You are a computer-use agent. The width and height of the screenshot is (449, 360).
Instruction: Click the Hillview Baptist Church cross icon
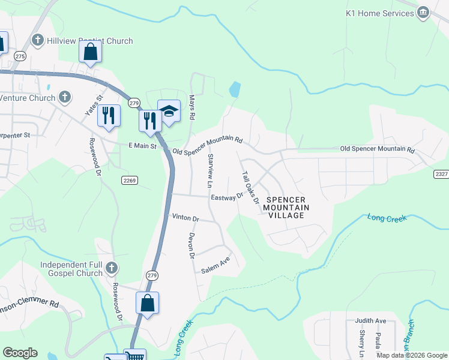[x=38, y=41]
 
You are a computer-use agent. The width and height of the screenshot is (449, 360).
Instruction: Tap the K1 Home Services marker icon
[x=424, y=13]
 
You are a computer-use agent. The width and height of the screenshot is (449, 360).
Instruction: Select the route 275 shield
[x=20, y=56]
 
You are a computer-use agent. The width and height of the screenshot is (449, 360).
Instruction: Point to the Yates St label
[x=94, y=104]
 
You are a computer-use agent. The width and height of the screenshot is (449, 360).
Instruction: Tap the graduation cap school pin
[x=169, y=111]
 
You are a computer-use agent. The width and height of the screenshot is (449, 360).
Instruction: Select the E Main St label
[x=142, y=146]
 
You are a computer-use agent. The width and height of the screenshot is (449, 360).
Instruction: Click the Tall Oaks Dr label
[x=250, y=187]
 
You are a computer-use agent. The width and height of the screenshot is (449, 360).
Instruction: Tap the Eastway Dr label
[x=226, y=196]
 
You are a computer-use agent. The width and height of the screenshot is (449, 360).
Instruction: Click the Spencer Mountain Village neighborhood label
[x=286, y=207]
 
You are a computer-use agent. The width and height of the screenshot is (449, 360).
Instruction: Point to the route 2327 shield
[x=441, y=173]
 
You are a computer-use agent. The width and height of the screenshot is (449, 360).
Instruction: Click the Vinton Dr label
[x=185, y=217]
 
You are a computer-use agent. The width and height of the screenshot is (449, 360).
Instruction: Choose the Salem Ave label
[x=215, y=266]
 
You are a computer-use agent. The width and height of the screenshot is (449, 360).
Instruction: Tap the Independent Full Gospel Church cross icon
[x=111, y=268]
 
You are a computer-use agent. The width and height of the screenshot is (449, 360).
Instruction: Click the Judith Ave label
[x=370, y=321]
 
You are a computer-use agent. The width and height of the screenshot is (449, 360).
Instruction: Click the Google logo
[x=20, y=353]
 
